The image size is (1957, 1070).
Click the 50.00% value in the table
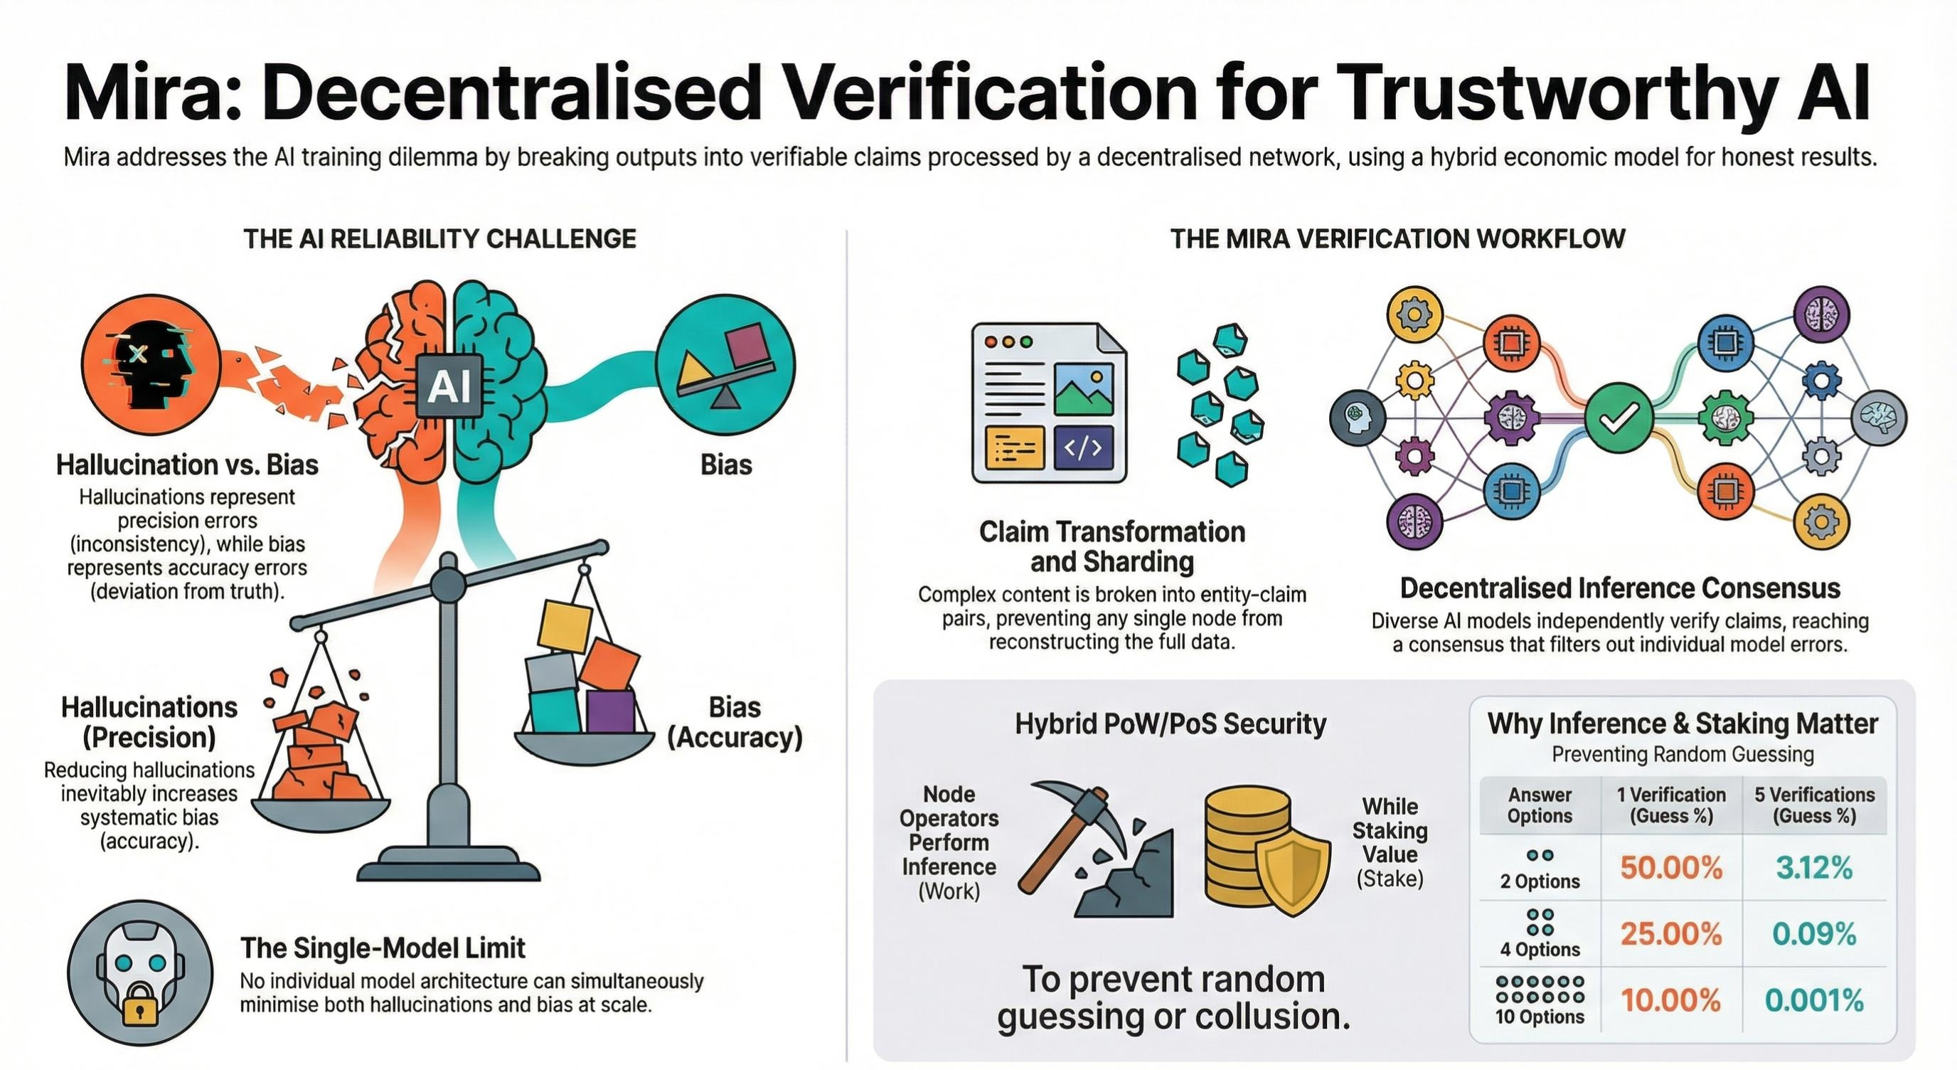click(1670, 867)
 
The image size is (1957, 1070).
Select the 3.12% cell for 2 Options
click(1814, 867)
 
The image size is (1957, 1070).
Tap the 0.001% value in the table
click(1814, 1001)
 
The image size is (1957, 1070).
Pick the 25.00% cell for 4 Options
click(1670, 934)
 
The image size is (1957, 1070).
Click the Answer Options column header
click(1539, 805)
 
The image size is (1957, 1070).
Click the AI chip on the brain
click(449, 386)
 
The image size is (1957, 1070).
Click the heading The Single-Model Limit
click(383, 948)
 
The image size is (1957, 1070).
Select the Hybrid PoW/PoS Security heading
click(1170, 724)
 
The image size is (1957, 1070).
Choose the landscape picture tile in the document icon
click(1083, 389)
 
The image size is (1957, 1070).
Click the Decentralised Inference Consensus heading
click(1620, 588)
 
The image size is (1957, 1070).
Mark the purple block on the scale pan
click(611, 710)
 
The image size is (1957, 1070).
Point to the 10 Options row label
click(1539, 1017)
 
